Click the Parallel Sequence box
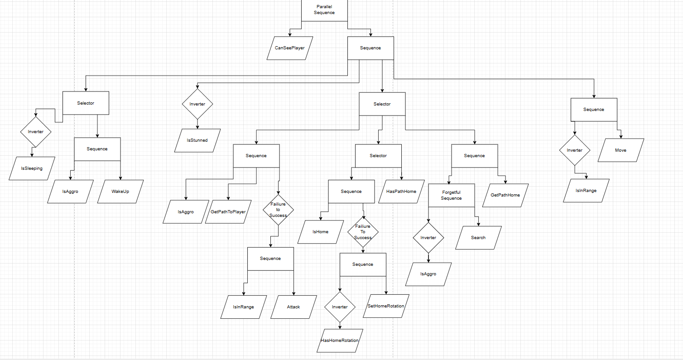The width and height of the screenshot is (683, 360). [324, 10]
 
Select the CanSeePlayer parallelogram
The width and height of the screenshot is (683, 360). [290, 48]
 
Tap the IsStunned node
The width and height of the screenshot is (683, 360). [197, 140]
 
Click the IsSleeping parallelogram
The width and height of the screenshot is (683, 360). [32, 168]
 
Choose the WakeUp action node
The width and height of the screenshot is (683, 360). [120, 192]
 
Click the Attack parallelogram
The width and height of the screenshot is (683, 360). [293, 307]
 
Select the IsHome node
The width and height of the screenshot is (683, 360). [321, 232]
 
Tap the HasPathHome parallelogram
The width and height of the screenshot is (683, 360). [401, 192]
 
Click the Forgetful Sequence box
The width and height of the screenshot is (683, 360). [451, 195]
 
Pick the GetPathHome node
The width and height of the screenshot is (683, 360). [505, 195]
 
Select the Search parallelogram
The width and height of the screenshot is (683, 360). [478, 238]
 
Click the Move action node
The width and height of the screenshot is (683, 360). [621, 150]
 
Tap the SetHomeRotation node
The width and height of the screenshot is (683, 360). [386, 306]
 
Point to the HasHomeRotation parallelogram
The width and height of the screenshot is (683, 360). [340, 341]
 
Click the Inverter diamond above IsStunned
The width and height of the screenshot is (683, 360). [197, 104]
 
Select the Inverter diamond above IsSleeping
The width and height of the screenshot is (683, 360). [36, 132]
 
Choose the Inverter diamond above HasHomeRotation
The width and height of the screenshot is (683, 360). [340, 307]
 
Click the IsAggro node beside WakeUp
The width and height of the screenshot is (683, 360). [70, 192]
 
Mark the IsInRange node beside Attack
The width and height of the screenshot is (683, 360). [244, 307]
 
